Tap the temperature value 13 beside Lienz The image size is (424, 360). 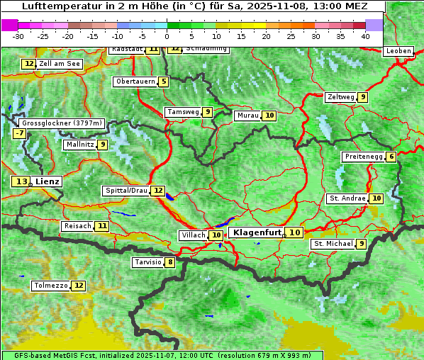(x=21, y=182)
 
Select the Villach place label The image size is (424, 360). (x=193, y=235)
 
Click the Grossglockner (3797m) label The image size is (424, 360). (x=62, y=123)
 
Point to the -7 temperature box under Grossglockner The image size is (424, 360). (x=20, y=133)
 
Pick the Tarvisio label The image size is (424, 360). (x=147, y=263)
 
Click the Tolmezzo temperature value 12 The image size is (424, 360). (x=78, y=286)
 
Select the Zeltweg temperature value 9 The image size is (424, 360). (x=362, y=97)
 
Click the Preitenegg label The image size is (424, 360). (x=363, y=157)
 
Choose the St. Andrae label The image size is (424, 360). (x=347, y=198)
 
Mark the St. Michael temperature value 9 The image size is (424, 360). (x=362, y=244)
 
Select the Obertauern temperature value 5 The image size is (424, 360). (x=164, y=81)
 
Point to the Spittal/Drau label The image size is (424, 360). (x=125, y=191)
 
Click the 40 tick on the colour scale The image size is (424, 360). (x=365, y=36)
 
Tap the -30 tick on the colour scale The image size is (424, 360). (x=18, y=36)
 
